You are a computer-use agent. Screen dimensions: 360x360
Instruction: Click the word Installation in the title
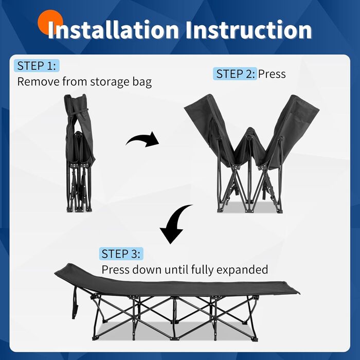tap(113, 30)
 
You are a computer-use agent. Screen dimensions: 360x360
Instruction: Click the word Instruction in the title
tap(248, 30)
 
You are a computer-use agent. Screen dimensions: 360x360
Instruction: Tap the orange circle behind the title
tap(50, 22)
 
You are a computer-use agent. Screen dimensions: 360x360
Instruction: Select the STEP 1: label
tap(37, 66)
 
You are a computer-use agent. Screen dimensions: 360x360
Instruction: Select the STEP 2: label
tap(235, 74)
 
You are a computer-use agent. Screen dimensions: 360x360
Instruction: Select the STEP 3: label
tap(121, 254)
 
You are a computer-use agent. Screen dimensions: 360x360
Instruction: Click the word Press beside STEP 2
tap(272, 74)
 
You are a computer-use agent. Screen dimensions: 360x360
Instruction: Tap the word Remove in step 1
tap(39, 81)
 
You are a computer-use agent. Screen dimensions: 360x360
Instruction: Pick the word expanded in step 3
tap(242, 270)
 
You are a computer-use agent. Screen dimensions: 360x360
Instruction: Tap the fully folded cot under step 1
tap(79, 153)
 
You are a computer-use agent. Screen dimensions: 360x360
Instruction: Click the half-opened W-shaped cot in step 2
tap(251, 153)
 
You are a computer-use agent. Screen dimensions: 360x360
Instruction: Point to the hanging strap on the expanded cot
tap(75, 302)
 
